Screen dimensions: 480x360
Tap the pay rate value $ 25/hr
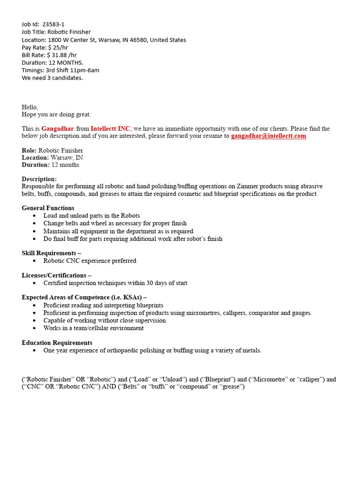58,47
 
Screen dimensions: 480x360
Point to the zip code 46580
139,40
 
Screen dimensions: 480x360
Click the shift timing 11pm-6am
84,70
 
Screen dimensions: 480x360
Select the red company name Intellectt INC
110,128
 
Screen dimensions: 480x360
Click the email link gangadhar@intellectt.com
269,136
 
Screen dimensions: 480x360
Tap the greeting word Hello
30,107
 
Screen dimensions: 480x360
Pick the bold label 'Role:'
29,150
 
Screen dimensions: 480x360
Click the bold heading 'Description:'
39,179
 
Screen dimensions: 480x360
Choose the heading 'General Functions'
48,208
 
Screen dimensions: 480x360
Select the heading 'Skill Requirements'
49,253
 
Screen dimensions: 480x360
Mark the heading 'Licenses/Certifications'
54,275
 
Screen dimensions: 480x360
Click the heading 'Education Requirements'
57,343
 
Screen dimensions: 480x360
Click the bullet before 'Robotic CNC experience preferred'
35,261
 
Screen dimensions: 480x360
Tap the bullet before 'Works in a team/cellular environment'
35,328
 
